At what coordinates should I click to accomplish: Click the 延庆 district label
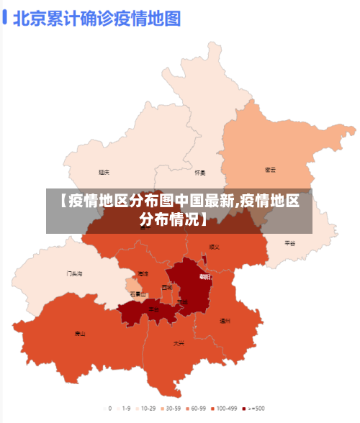[x=104, y=173]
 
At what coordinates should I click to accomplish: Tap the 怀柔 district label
[x=200, y=173]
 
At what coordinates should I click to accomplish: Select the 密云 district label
[x=271, y=170]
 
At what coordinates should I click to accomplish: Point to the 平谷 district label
[x=290, y=243]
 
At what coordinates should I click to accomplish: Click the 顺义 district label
[x=214, y=247]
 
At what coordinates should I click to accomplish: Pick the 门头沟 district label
[x=75, y=273]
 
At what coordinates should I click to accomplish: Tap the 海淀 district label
[x=143, y=274]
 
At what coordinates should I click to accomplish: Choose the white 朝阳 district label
[x=205, y=276]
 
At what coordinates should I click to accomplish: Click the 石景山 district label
[x=138, y=294]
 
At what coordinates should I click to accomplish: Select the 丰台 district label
[x=153, y=309]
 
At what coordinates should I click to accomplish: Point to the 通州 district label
[x=225, y=321]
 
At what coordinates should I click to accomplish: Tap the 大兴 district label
[x=179, y=343]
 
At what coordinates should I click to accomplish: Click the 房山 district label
[x=80, y=334]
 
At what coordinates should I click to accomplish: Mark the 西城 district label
[x=167, y=287]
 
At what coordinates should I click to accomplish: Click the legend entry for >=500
[x=253, y=408]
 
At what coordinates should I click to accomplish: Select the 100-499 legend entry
[x=226, y=408]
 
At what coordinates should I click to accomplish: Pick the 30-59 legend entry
[x=171, y=408]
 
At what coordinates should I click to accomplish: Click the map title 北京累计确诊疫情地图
[x=96, y=17]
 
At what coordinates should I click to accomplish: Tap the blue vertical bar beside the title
[x=5, y=17]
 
